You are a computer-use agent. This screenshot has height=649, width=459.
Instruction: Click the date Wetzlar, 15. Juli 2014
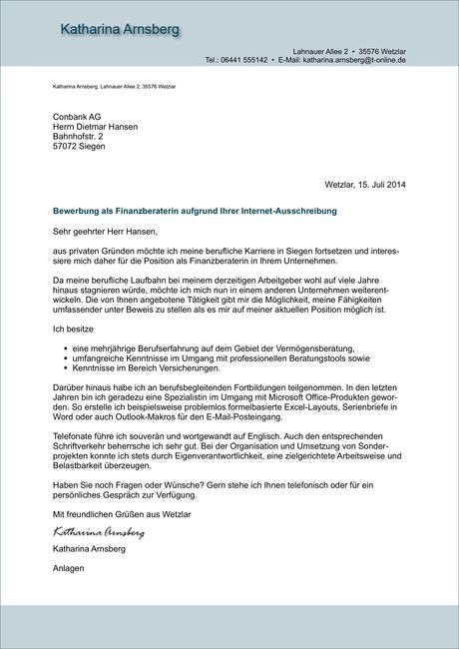pyautogui.click(x=365, y=184)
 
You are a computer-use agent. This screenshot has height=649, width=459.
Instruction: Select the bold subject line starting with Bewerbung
pyautogui.click(x=195, y=212)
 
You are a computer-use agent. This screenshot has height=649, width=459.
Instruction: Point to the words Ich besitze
pyautogui.click(x=73, y=327)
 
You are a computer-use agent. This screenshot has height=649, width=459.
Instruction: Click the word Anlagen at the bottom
pyautogui.click(x=69, y=568)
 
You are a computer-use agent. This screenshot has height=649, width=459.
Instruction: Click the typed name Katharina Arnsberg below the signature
pyautogui.click(x=90, y=549)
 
